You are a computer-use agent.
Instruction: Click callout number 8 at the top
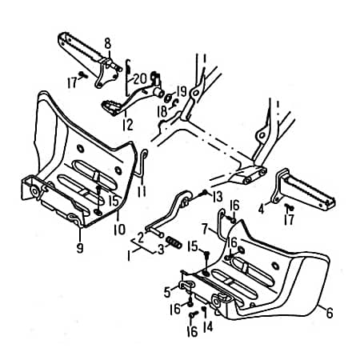coord(107,42)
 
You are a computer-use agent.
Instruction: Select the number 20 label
coord(140,78)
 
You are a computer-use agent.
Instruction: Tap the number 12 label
coord(127,124)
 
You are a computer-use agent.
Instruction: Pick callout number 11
coord(141,193)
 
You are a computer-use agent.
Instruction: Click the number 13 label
coord(217,196)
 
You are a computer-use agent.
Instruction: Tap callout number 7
coord(205,228)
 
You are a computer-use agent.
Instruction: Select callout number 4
coord(261,209)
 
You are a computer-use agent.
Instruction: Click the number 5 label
coord(167,291)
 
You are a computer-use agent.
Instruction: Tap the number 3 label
coord(161,250)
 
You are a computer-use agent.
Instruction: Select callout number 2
coord(140,237)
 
